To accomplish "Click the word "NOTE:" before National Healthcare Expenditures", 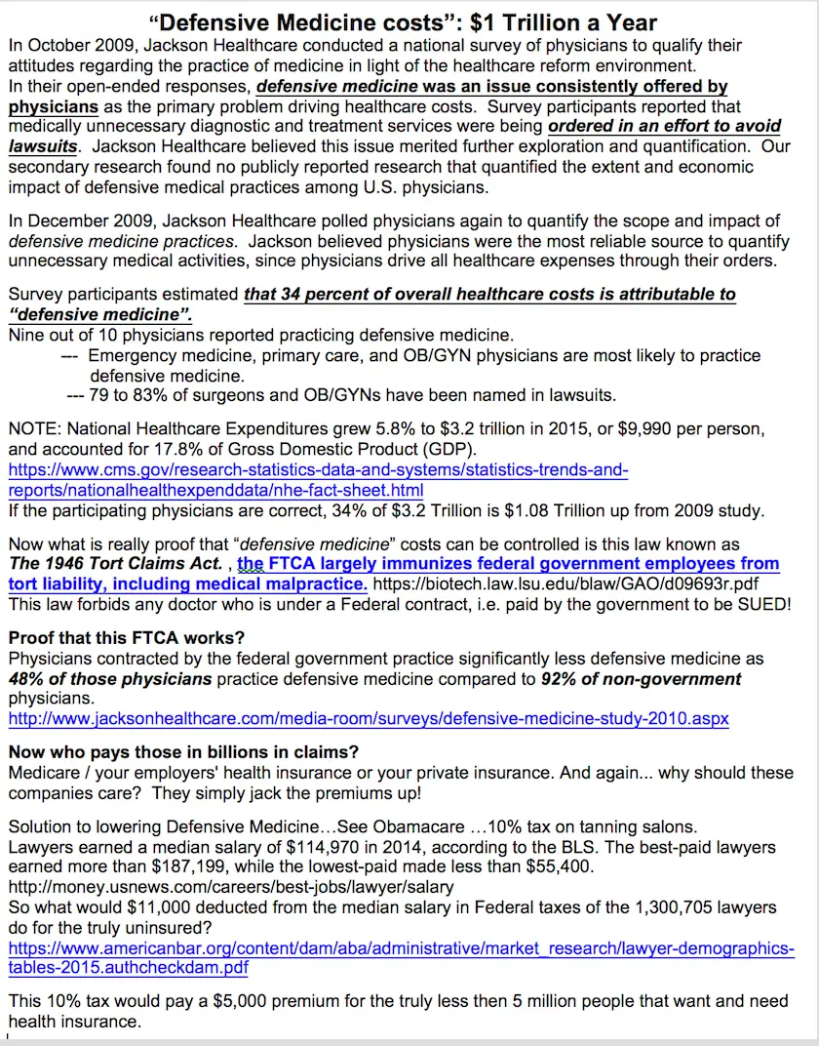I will (x=35, y=429).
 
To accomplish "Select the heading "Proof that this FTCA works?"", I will (x=127, y=639).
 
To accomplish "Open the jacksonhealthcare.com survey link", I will (x=369, y=719).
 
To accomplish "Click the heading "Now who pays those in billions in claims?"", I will (x=183, y=752).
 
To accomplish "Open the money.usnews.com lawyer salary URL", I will (x=230, y=887).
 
